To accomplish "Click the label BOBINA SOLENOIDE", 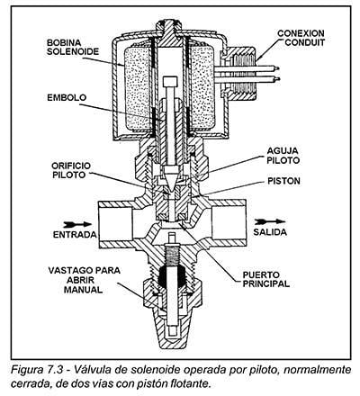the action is (73, 47).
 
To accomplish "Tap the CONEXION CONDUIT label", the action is (301, 38).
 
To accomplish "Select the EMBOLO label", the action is (67, 98).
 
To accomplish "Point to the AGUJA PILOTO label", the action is (283, 156).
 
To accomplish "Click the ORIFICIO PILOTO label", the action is (71, 170).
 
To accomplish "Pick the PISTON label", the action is (283, 181).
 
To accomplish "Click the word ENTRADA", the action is (75, 234).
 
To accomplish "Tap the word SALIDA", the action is (270, 232).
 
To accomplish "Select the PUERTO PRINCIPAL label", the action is (265, 279).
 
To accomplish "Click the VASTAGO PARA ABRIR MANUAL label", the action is (84, 280).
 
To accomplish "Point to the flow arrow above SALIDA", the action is (270, 221).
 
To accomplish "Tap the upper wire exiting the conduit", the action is (247, 68).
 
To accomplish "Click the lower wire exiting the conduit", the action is (247, 79).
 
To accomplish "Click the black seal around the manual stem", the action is (171, 277).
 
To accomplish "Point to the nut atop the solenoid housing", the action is (169, 26).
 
